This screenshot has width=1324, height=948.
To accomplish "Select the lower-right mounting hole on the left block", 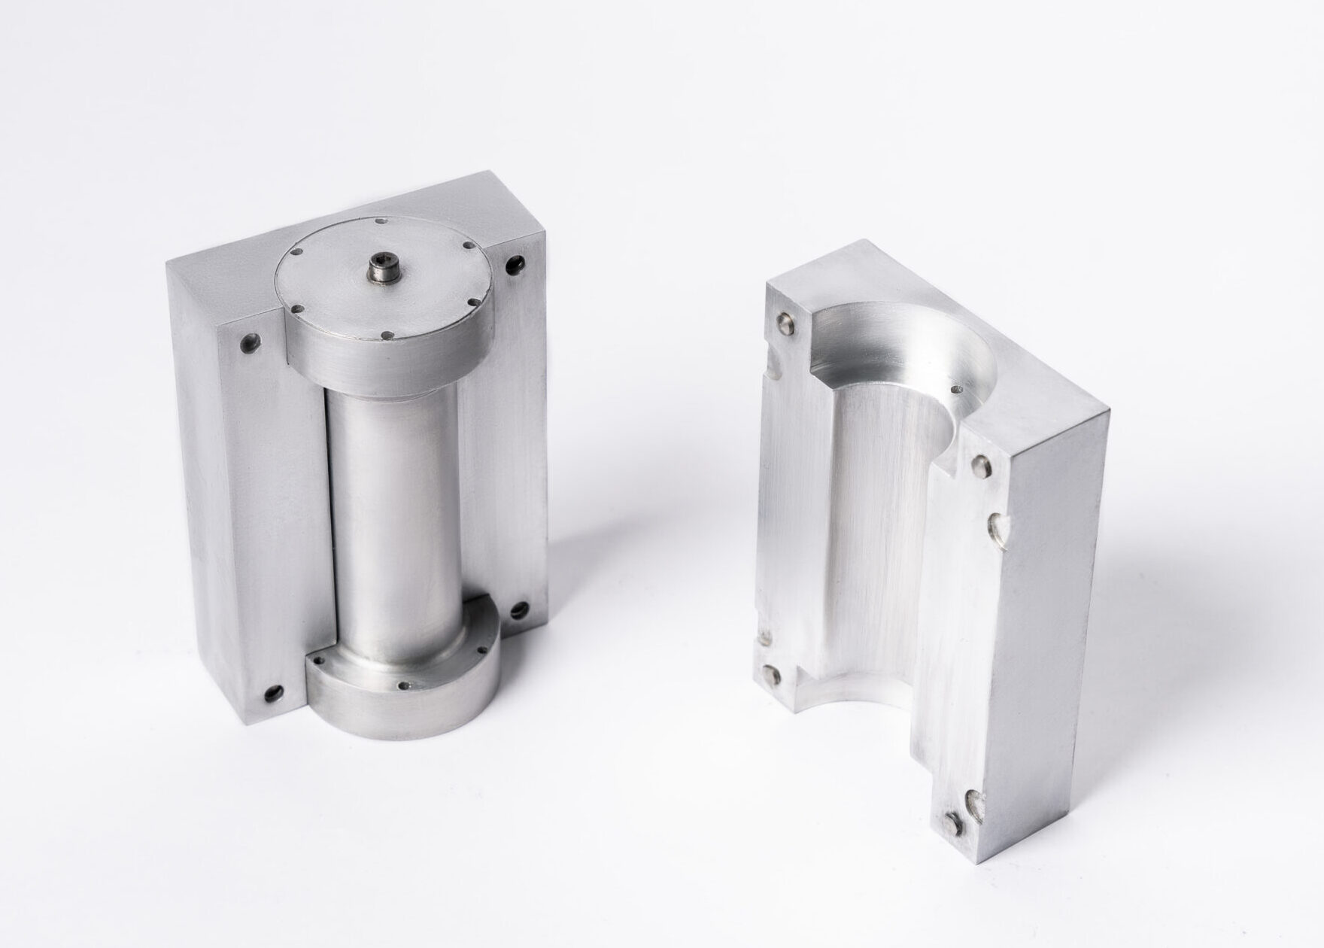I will tap(519, 611).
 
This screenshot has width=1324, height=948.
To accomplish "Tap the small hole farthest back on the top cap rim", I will tap(384, 221).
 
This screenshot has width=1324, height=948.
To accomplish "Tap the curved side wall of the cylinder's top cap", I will tap(384, 361).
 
